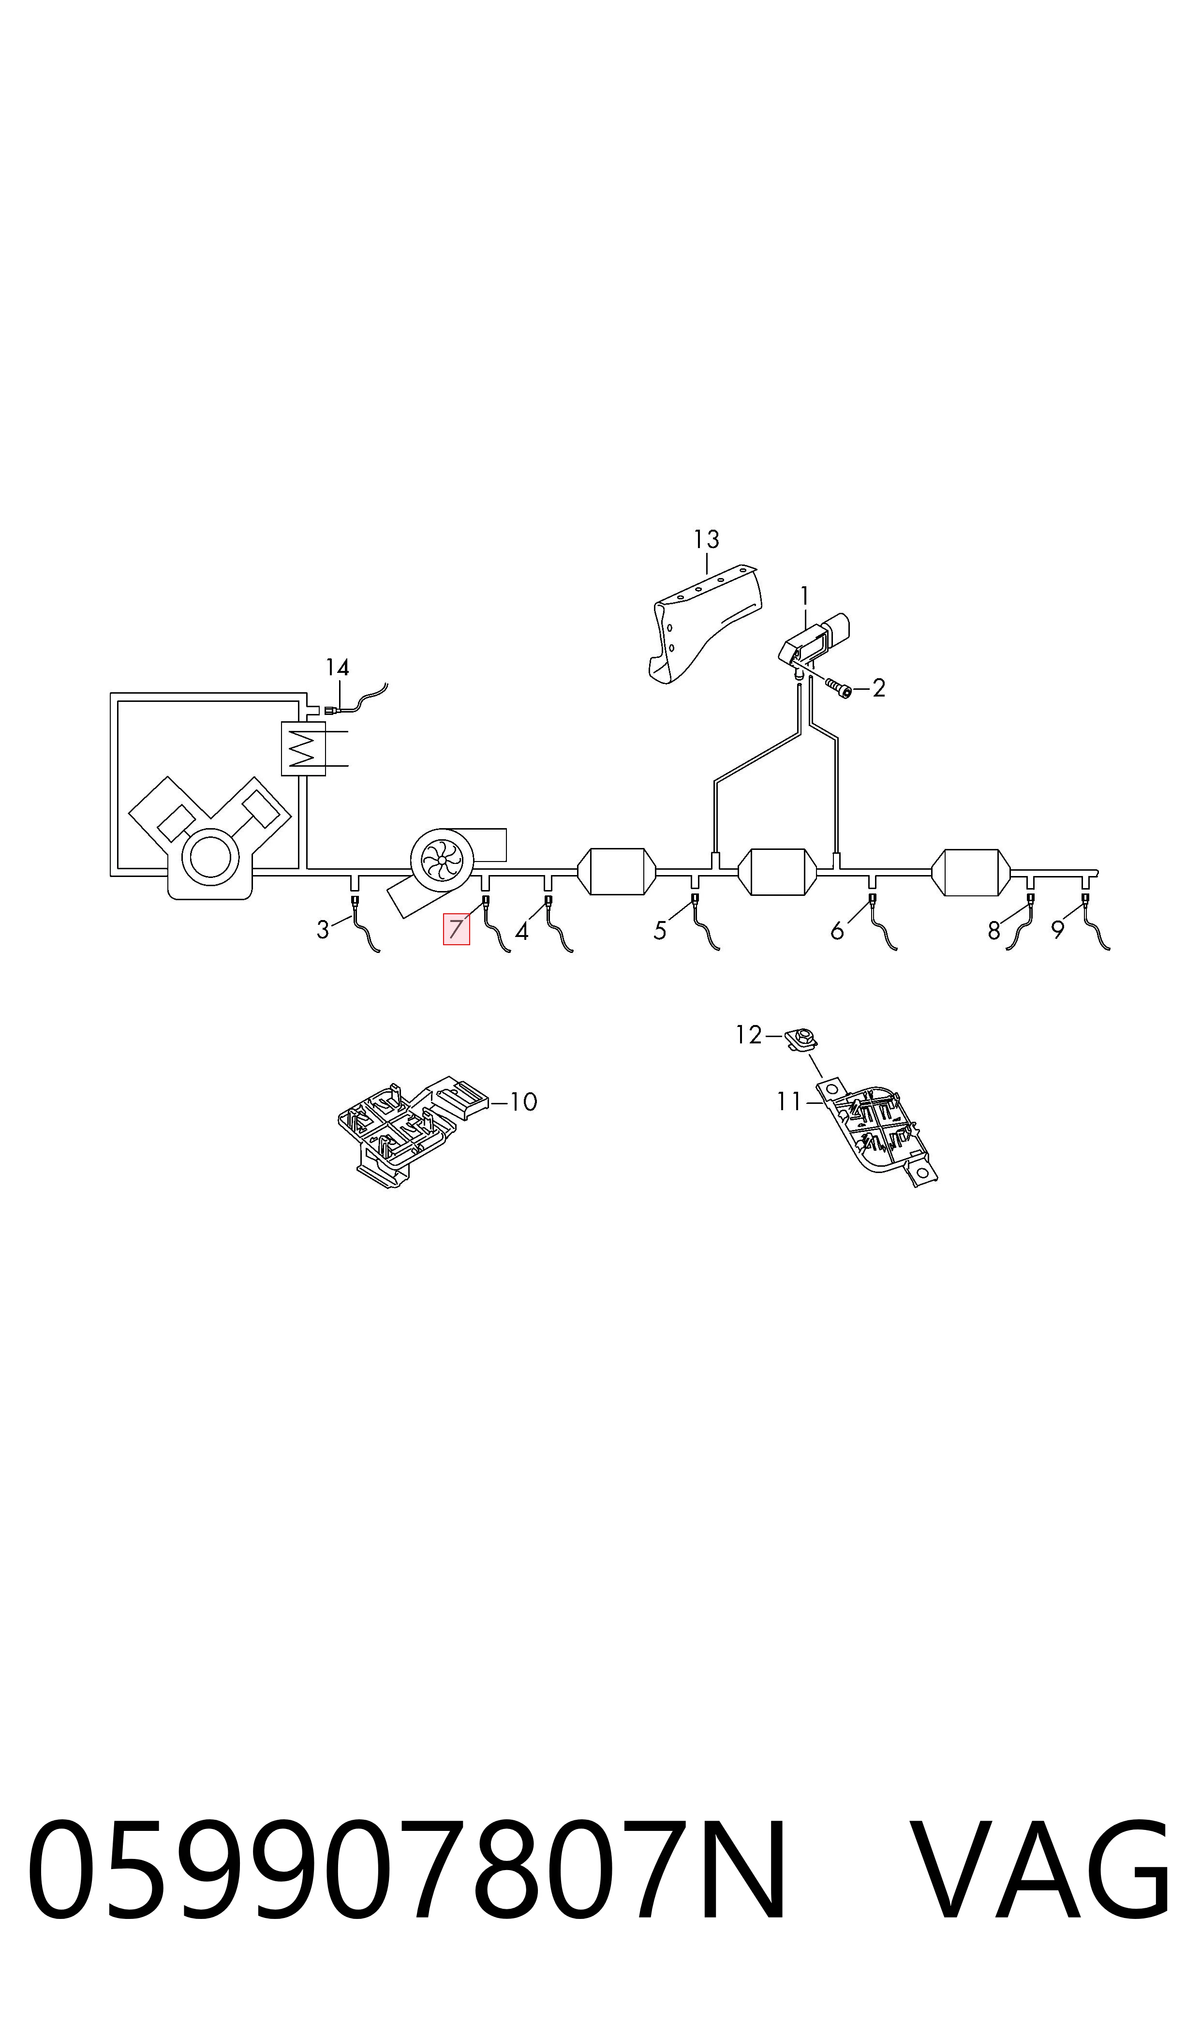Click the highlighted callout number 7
click(456, 929)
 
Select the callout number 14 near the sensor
click(338, 668)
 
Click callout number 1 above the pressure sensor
click(804, 596)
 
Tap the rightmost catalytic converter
click(971, 872)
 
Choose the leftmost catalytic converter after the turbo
click(617, 872)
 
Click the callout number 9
click(1058, 931)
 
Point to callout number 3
click(323, 931)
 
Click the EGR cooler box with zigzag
click(303, 748)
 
